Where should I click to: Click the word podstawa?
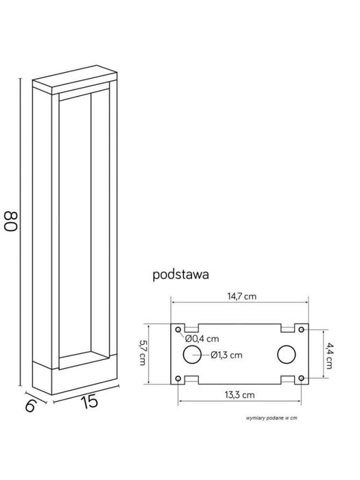181,274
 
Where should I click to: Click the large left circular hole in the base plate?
192,355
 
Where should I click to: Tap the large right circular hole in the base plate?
286,355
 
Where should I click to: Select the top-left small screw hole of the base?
179,329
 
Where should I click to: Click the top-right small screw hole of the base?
300,329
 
